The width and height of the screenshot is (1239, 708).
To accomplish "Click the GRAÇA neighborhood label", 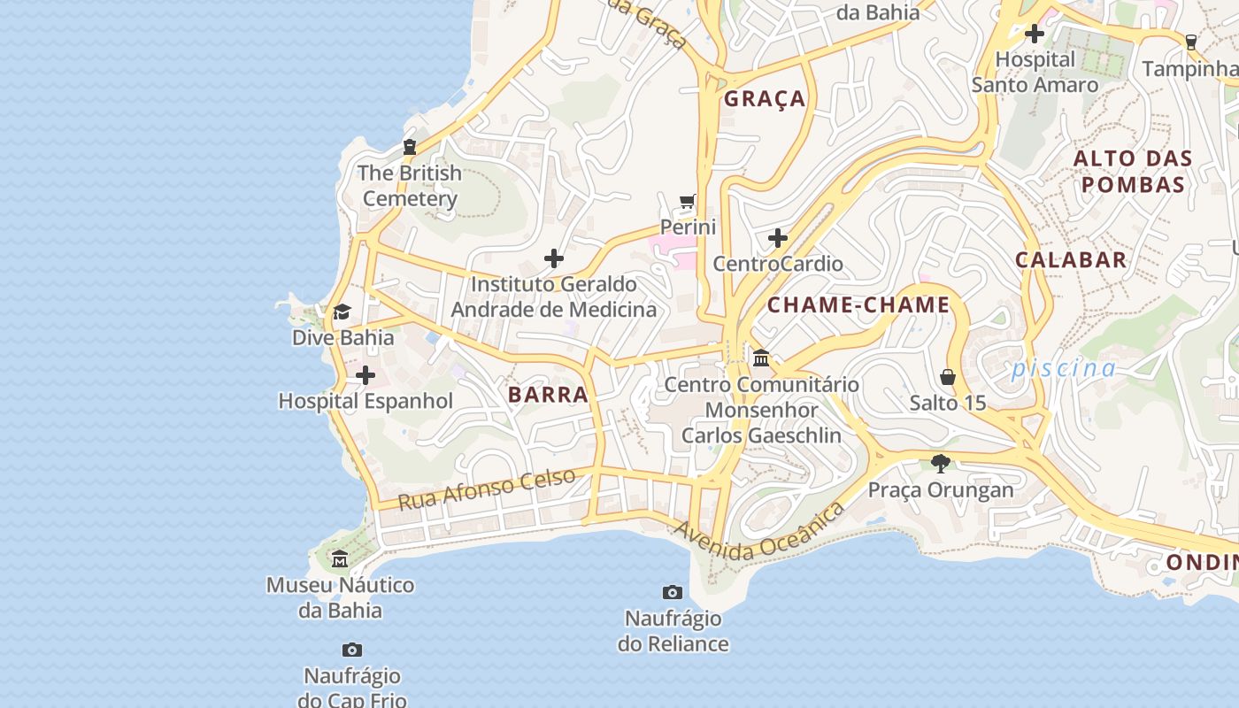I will (x=765, y=98).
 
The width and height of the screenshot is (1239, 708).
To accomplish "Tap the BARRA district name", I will (x=548, y=395).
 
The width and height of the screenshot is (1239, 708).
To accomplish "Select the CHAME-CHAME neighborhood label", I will (x=858, y=305).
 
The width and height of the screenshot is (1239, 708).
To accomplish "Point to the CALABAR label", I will (x=1071, y=259).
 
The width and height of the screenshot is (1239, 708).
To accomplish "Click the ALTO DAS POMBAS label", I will (x=1133, y=172).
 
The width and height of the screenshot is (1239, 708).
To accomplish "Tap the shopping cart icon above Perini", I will (x=688, y=202).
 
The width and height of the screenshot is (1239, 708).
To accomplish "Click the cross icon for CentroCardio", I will (x=778, y=238).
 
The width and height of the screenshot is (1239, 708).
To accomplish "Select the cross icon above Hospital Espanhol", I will (x=365, y=376).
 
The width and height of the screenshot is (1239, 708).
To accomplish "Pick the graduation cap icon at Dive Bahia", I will (x=342, y=312).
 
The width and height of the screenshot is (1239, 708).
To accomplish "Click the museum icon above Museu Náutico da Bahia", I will (x=340, y=559).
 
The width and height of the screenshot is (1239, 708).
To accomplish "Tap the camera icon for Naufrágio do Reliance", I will (x=673, y=592).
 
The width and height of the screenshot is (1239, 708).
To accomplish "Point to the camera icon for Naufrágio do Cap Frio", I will (x=352, y=650).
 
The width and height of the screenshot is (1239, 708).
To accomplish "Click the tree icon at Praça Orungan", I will (x=941, y=463).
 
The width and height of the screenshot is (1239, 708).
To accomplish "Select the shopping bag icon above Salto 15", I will (x=948, y=377).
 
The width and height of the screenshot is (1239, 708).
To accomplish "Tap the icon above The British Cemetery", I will (x=409, y=147).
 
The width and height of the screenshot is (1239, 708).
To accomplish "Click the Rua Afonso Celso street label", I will (x=486, y=489).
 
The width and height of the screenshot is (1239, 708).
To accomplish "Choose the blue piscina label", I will (x=1064, y=368).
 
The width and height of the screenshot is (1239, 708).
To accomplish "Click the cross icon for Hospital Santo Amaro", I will (x=1034, y=35).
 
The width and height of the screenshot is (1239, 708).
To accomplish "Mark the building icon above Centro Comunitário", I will (x=761, y=358).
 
